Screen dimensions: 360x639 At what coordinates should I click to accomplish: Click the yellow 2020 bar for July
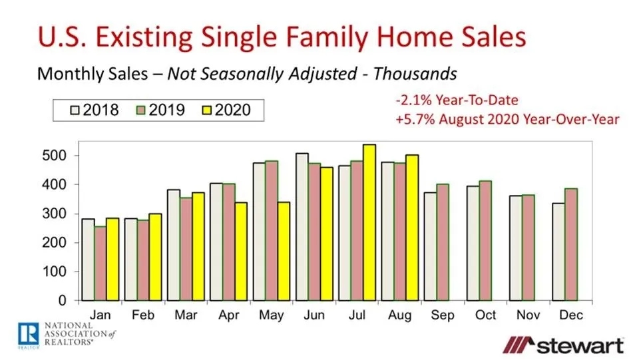point(369,222)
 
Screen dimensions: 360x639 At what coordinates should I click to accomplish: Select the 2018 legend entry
point(93,109)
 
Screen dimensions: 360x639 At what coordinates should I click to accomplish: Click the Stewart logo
point(562,345)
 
